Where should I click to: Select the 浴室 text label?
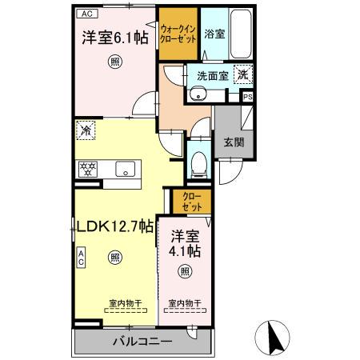[x=214, y=34]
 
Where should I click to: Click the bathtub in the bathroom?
[x=239, y=34]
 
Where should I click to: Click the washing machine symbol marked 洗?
[x=242, y=74]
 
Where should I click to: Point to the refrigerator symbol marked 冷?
[x=86, y=129]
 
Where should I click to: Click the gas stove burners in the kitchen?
[x=87, y=169]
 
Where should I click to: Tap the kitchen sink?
[x=126, y=169]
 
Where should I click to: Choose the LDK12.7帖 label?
[x=114, y=226]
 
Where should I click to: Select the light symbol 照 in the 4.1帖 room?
[x=185, y=272]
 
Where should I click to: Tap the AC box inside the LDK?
[x=82, y=256]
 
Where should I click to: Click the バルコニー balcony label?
[x=142, y=342]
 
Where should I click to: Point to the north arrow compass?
[x=274, y=338]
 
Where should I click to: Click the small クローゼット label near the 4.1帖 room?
[x=190, y=201]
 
